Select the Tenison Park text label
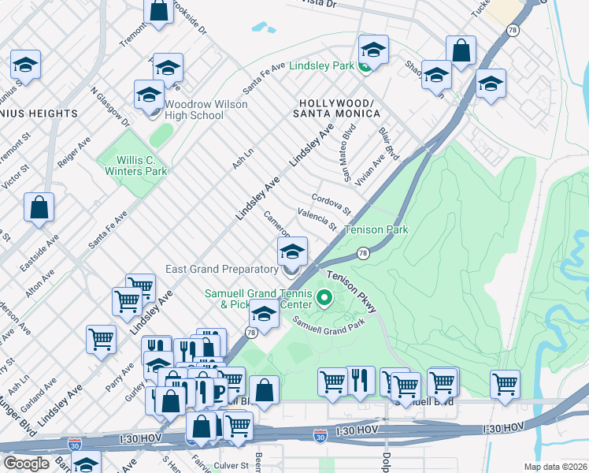pos(376,230)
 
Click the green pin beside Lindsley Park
pos(365,66)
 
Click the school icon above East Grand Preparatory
pos(292,253)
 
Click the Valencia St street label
pos(317,219)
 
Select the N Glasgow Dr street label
pos(110,106)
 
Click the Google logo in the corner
pos(27,463)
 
